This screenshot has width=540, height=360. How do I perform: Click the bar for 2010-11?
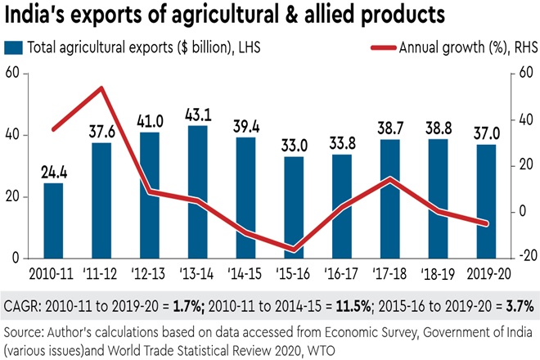pos(53,220)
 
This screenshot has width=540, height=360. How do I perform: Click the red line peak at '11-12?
pos(101,88)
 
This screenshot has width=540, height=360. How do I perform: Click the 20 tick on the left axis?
pos(11,196)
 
